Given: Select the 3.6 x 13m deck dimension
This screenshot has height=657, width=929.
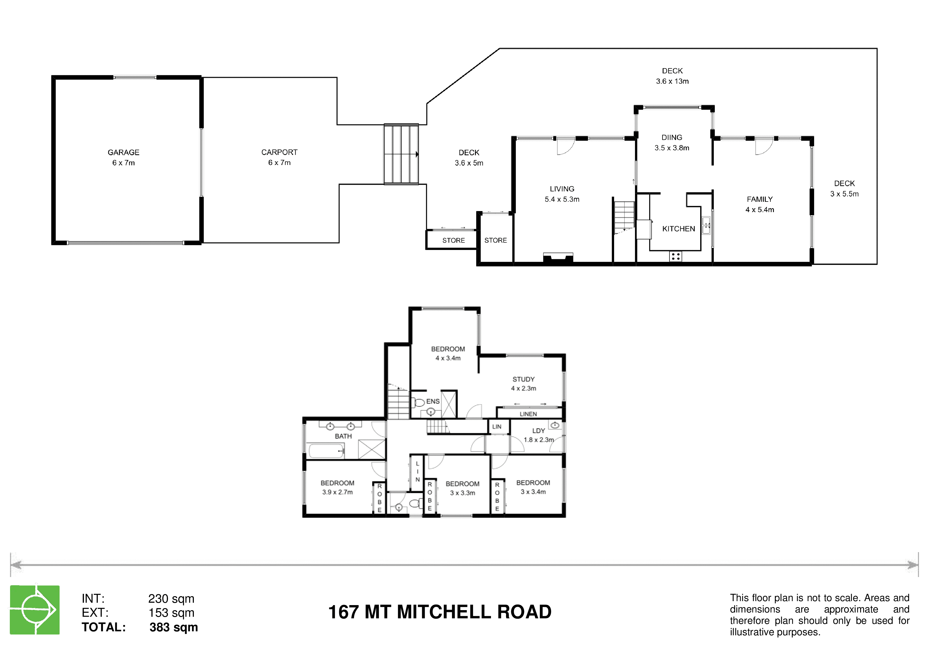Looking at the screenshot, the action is pyautogui.click(x=672, y=81).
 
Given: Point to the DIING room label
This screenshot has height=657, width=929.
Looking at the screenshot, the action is pyautogui.click(x=672, y=137).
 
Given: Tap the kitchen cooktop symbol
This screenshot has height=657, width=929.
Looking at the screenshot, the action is pyautogui.click(x=675, y=256).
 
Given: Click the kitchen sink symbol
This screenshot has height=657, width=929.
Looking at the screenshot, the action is pyautogui.click(x=706, y=225).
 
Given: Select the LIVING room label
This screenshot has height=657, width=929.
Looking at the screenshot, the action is pyautogui.click(x=562, y=189).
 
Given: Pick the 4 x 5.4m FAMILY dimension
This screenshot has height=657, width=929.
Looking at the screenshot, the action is pyautogui.click(x=760, y=209).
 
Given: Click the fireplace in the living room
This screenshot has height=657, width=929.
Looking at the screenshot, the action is pyautogui.click(x=558, y=258).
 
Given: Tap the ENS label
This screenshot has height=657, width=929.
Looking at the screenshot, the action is pyautogui.click(x=433, y=401).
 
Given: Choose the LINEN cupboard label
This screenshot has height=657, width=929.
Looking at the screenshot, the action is pyautogui.click(x=528, y=414).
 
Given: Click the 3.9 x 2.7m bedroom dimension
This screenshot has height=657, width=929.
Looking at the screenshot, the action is pyautogui.click(x=337, y=492).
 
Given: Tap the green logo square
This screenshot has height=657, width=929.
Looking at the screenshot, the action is pyautogui.click(x=35, y=610).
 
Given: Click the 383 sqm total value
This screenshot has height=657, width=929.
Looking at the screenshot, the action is pyautogui.click(x=173, y=627).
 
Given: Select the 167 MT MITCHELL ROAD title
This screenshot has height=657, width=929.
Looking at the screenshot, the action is pyautogui.click(x=440, y=612).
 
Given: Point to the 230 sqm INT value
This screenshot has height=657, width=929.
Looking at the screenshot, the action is pyautogui.click(x=171, y=598).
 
